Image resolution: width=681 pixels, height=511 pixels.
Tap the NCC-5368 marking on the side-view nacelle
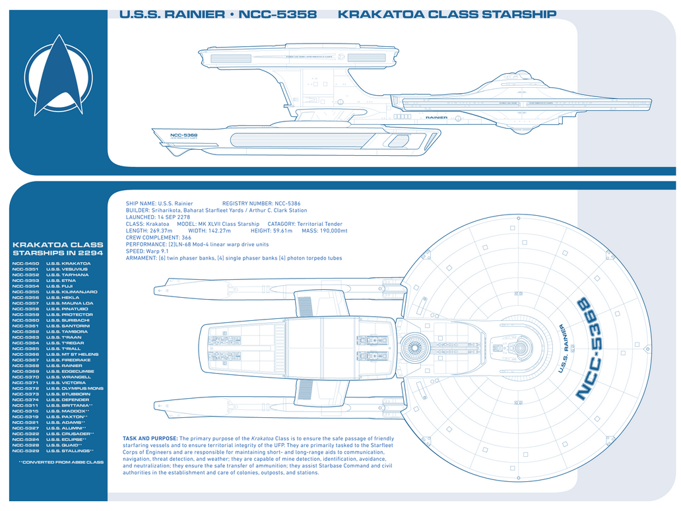pyautogui.click(x=184, y=136)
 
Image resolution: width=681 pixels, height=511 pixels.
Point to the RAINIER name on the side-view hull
pyautogui.click(x=436, y=118)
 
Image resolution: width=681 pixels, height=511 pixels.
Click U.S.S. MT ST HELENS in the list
pyautogui.click(x=73, y=355)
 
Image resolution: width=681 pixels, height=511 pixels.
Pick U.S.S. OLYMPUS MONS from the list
pyautogui.click(x=75, y=389)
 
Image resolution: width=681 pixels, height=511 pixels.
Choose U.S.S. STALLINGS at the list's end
pyautogui.click(x=69, y=451)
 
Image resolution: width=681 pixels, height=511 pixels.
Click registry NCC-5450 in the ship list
pyautogui.click(x=26, y=263)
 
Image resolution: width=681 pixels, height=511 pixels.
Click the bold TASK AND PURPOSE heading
pyautogui.click(x=150, y=438)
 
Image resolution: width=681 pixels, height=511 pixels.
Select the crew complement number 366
pyautogui.click(x=186, y=238)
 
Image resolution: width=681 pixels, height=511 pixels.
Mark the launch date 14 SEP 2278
pyautogui.click(x=174, y=217)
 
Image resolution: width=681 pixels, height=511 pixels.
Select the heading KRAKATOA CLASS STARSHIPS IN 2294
pyautogui.click(x=58, y=248)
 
